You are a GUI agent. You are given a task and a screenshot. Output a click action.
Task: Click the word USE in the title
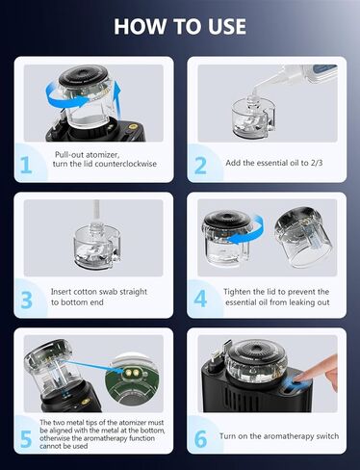pos(222,25)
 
